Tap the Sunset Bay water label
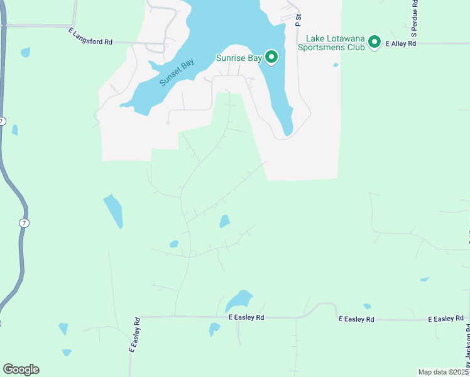click(177, 72)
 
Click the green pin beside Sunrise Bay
click(271, 57)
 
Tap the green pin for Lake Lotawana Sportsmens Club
click(374, 42)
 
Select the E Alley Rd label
click(401, 44)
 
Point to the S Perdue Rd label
click(415, 21)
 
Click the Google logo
click(21, 369)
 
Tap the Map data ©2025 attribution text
click(444, 372)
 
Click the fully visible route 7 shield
click(23, 223)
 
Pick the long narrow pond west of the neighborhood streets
click(113, 210)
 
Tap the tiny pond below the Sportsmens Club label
click(336, 65)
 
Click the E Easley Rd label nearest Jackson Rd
click(445, 319)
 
